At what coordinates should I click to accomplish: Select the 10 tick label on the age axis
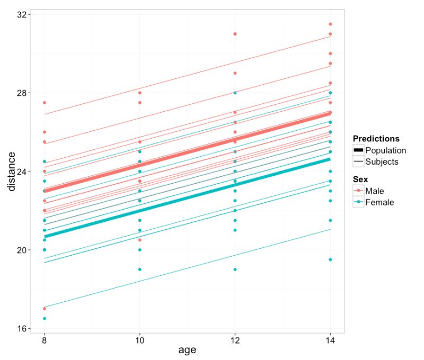(x=139, y=340)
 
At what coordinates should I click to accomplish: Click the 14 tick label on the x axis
(x=330, y=340)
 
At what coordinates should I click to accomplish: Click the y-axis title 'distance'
(x=10, y=172)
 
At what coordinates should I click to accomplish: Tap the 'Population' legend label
(x=389, y=150)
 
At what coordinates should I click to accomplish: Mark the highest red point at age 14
(x=330, y=24)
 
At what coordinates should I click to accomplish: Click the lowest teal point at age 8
(x=45, y=319)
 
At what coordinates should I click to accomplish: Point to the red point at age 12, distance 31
(x=235, y=34)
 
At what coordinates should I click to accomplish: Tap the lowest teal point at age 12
(x=235, y=269)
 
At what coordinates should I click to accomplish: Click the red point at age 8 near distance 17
(x=45, y=309)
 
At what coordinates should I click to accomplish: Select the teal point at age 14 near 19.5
(x=330, y=259)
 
